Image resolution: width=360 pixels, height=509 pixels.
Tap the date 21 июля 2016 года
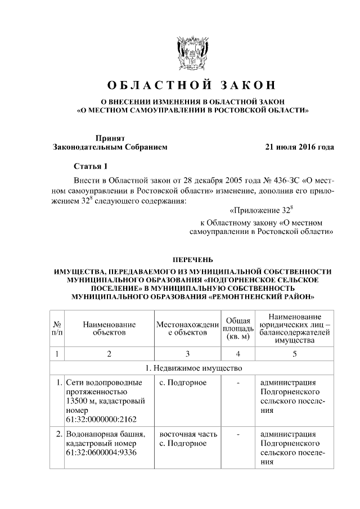click(x=299, y=147)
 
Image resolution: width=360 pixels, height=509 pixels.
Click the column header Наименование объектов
click(x=109, y=328)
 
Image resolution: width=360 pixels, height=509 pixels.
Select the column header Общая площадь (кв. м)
click(x=238, y=328)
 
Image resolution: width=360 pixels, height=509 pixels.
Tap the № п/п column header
click(x=57, y=328)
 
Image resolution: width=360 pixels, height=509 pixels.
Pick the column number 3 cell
click(x=187, y=354)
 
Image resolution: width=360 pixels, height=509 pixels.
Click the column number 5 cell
click(x=295, y=354)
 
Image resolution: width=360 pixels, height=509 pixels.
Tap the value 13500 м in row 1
click(x=84, y=401)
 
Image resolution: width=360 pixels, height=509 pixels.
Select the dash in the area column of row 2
click(x=238, y=434)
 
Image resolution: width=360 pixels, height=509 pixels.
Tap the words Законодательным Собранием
click(x=110, y=147)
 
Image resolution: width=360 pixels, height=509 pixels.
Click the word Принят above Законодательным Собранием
click(x=110, y=137)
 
